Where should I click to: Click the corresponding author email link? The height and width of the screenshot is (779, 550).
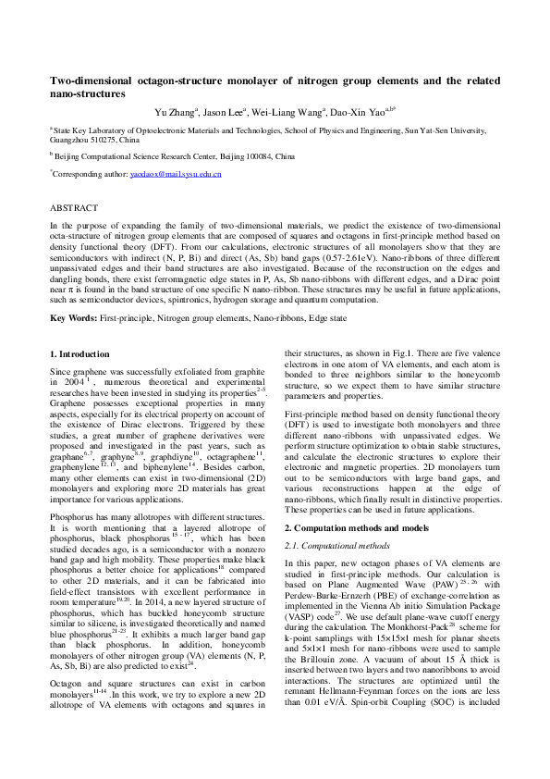pos(183,173)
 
